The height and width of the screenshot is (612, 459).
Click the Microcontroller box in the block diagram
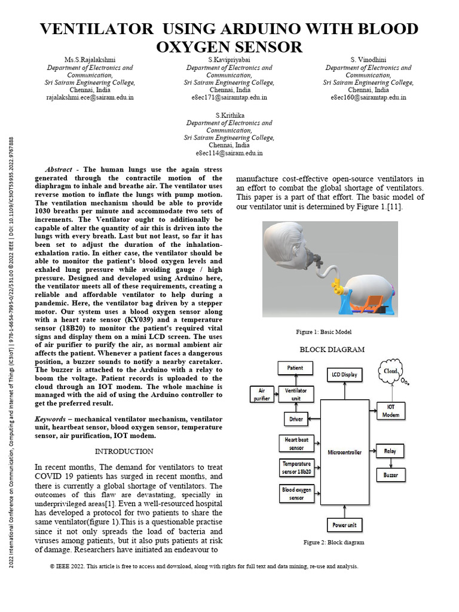coord(344,452)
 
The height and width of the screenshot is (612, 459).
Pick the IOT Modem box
coord(390,410)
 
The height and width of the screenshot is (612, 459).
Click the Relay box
coord(390,451)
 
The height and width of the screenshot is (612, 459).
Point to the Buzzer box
coord(390,475)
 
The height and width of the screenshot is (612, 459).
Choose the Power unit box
coord(344,525)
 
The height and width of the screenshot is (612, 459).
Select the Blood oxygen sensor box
coord(296,493)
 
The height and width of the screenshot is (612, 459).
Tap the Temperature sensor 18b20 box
coord(296,467)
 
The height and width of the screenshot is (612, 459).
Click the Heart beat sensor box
coord(296,443)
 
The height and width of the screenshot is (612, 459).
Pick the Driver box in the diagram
coord(296,420)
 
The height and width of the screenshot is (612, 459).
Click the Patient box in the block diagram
coord(295,368)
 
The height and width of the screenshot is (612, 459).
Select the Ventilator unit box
coord(296,394)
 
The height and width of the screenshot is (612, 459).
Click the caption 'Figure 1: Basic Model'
coord(323,332)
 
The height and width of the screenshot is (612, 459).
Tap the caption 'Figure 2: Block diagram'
coord(333,542)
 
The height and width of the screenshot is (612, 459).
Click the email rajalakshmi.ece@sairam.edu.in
coord(90,96)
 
